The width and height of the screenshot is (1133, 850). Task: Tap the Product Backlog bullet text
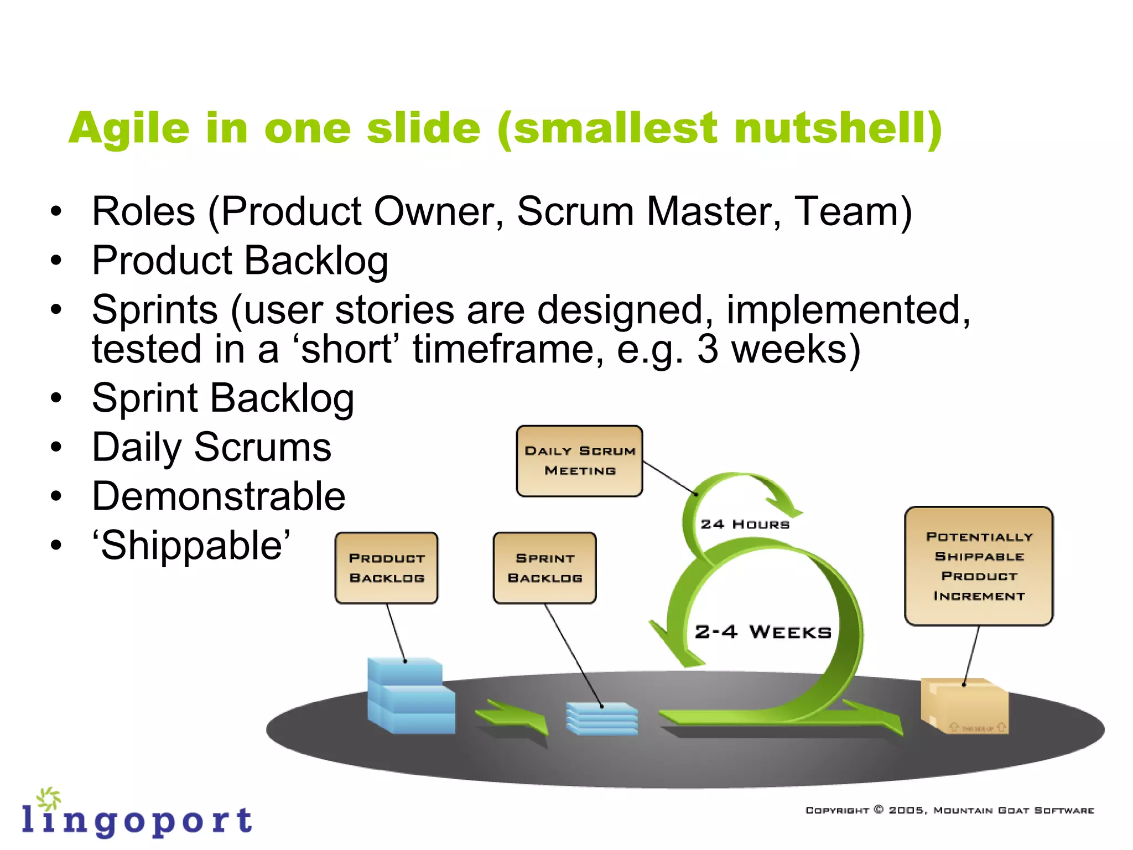(240, 260)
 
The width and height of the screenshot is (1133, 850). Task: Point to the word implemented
(848, 309)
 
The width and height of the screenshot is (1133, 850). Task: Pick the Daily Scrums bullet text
(211, 447)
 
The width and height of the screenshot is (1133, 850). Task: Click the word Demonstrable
(219, 496)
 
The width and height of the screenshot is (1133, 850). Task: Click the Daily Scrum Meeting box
(579, 461)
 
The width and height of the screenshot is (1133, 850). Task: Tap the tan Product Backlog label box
(386, 568)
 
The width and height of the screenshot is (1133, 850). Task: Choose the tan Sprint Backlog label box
(544, 568)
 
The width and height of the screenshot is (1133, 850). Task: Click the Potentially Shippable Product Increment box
(978, 566)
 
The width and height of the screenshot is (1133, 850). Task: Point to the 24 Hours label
(745, 524)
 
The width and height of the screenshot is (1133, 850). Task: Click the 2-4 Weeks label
(763, 631)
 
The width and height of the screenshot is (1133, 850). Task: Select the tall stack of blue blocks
(409, 696)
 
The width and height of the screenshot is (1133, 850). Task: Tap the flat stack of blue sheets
(602, 718)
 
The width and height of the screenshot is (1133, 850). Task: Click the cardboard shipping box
(964, 706)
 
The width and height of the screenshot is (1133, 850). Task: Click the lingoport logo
(137, 815)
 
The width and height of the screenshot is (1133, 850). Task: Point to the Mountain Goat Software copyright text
(949, 810)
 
